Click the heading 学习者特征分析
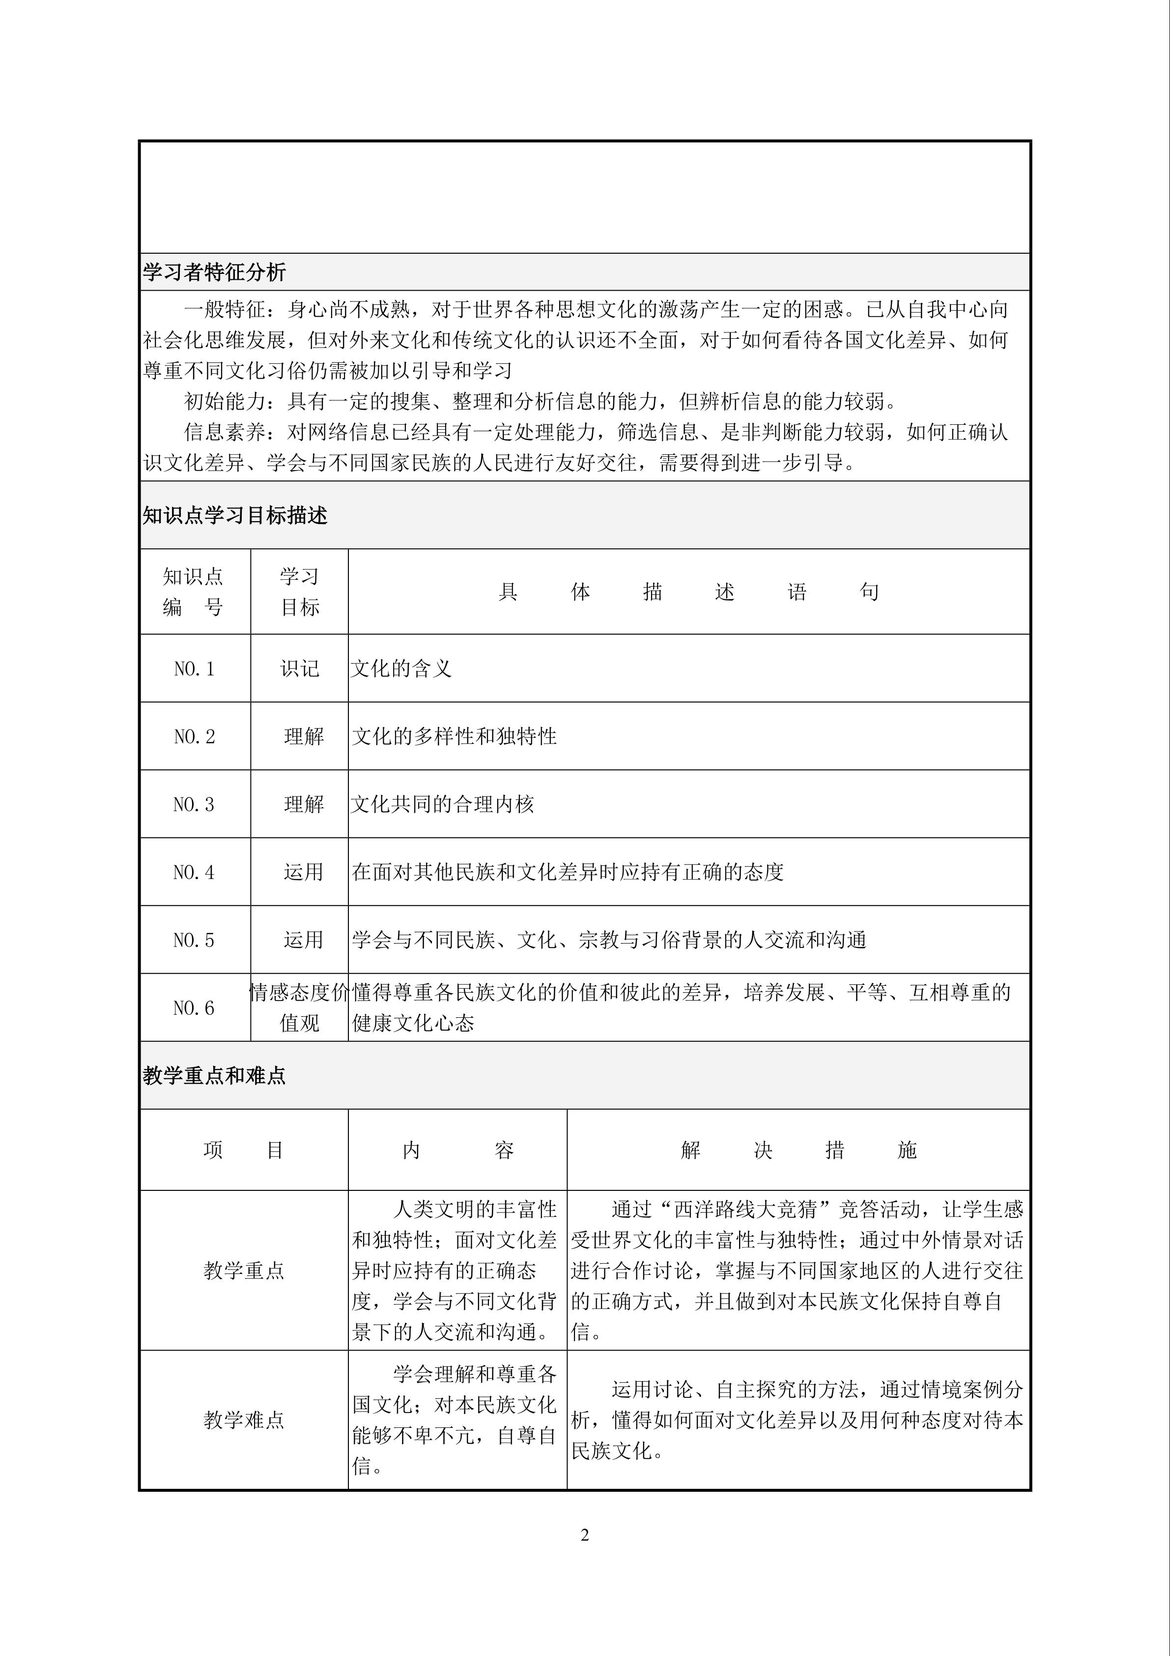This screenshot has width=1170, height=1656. pos(214,272)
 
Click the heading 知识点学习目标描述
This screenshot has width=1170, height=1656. pos(234,515)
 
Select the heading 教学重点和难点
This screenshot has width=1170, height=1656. pos(214,1075)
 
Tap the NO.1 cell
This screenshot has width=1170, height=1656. pos(194,669)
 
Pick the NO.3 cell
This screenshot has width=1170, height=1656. pos(194,804)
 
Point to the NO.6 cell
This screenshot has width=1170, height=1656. pos(194,1007)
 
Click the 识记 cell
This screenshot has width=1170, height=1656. pos(299,669)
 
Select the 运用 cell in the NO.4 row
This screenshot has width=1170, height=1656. pos(303,872)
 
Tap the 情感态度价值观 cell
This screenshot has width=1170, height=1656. pos(299,1007)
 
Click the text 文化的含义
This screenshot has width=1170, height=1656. pos(401,669)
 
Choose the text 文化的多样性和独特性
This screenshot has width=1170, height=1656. pos(454,737)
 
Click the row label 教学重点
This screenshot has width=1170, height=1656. pos(244,1270)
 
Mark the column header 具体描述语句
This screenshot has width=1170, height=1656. pos(688,591)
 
